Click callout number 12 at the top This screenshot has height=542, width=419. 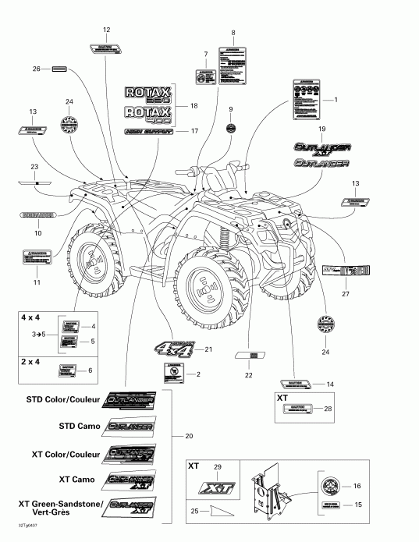(107, 30)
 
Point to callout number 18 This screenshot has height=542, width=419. (193, 105)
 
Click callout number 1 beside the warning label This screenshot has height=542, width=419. (336, 100)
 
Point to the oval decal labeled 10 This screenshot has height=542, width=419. (37, 214)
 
